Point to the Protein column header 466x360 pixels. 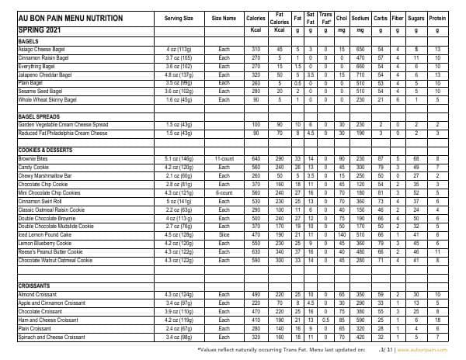(x=437, y=17)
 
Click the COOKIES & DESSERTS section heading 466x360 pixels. (x=48, y=149)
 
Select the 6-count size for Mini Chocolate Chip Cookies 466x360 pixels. (x=224, y=191)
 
